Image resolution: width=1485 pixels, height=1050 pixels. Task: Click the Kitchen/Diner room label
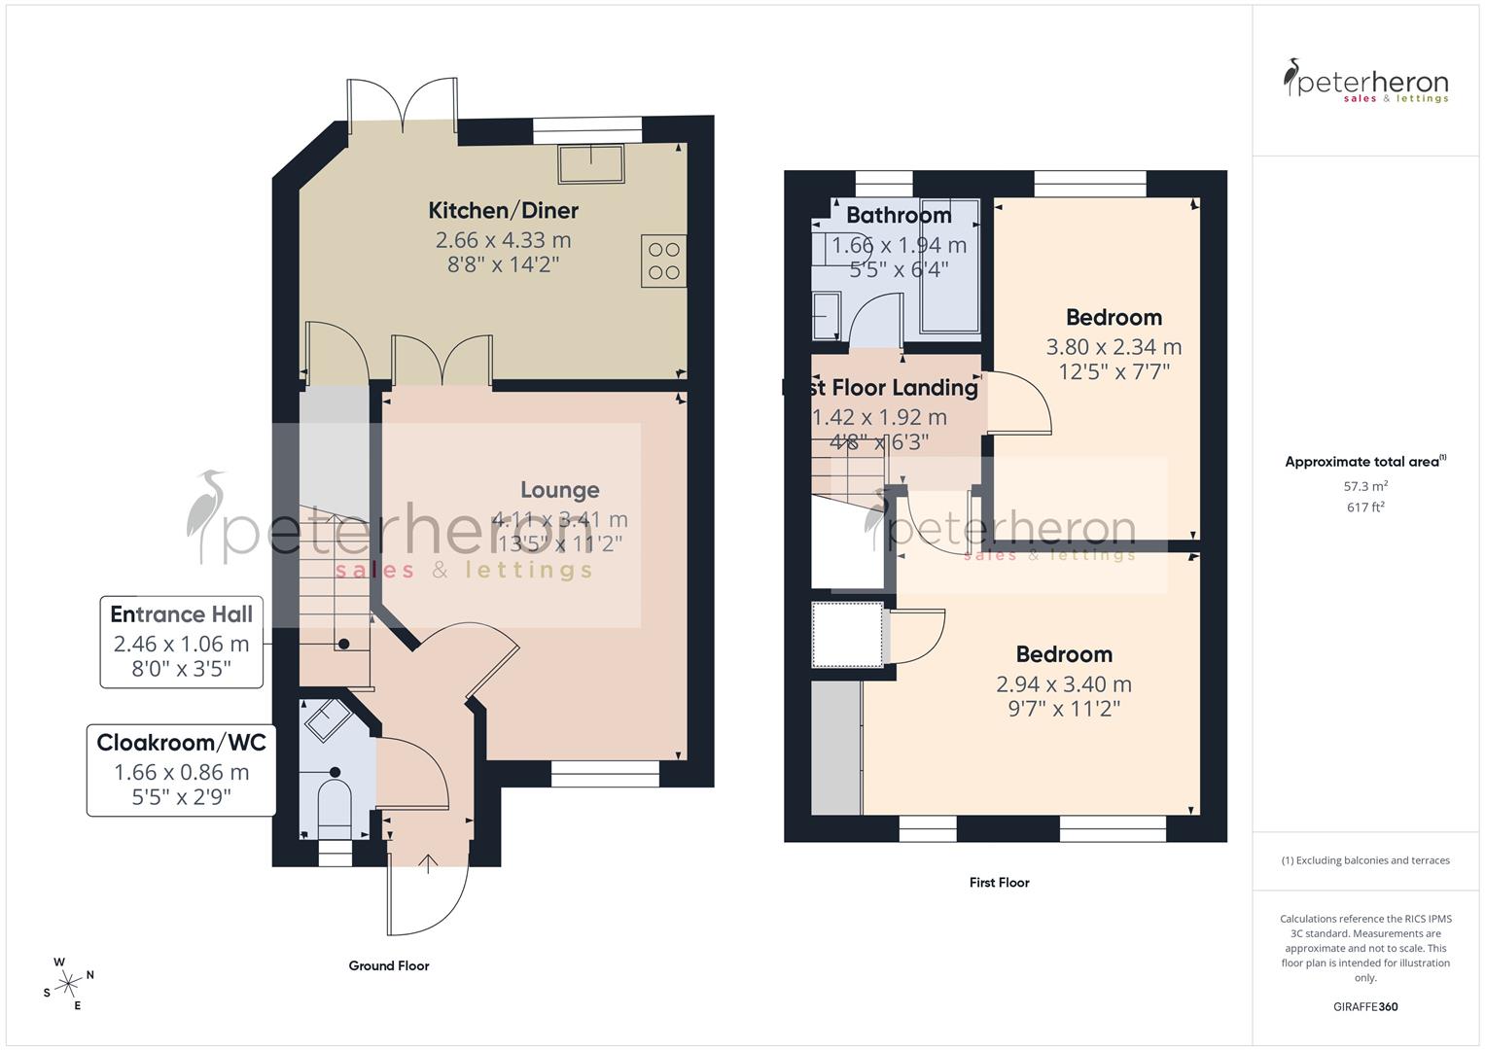point(503,210)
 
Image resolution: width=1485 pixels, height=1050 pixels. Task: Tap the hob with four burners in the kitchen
point(663,261)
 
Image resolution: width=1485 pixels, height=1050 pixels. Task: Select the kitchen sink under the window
point(590,163)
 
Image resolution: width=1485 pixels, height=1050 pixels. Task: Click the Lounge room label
point(559,490)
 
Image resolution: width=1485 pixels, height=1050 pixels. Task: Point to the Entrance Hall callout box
point(182,642)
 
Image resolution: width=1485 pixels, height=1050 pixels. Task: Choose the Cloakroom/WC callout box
point(181,770)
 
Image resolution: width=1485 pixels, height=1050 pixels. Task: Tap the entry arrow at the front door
point(428,862)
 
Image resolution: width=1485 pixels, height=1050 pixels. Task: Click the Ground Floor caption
point(389,965)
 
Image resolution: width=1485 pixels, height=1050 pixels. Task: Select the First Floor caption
point(999,883)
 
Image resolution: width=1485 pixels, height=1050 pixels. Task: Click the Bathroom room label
point(899,215)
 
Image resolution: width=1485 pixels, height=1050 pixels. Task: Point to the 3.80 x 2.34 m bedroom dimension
point(1114,346)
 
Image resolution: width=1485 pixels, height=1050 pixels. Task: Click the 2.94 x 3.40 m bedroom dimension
point(1064,684)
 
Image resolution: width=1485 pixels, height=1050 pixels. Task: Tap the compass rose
point(69,984)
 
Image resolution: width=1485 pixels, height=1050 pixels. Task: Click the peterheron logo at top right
point(1365,82)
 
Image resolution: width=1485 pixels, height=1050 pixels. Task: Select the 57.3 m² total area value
point(1365,486)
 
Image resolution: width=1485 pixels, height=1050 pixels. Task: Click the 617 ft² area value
point(1365,507)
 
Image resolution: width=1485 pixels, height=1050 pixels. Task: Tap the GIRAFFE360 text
point(1365,1007)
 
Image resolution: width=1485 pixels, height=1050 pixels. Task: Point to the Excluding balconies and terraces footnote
point(1365,860)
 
